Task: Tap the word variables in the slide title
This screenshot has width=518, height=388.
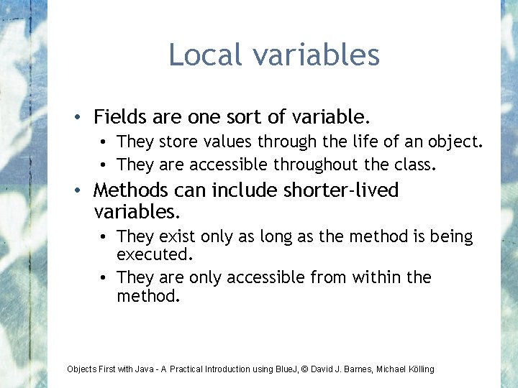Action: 313,55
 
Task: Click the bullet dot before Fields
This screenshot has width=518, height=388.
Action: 84,116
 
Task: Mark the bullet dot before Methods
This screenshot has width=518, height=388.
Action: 84,191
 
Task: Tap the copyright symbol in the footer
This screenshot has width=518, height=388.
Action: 304,369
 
